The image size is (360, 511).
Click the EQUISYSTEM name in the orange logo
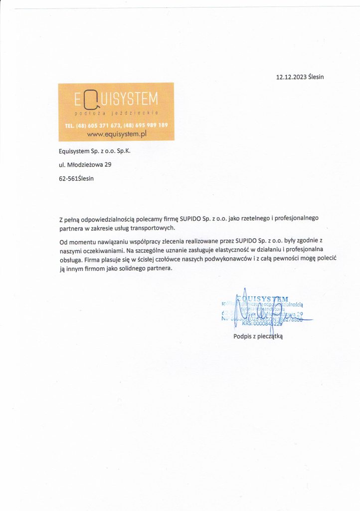116,100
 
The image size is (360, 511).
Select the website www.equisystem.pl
116,134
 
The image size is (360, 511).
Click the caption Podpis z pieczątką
258,336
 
